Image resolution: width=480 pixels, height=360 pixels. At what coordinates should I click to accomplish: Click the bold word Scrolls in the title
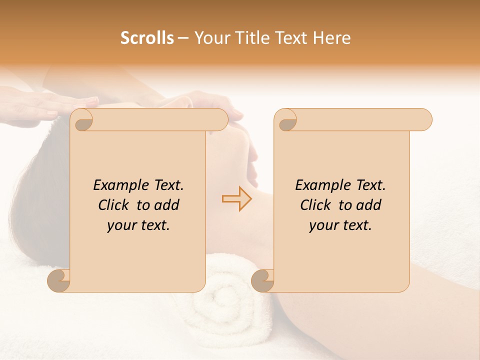click(x=147, y=38)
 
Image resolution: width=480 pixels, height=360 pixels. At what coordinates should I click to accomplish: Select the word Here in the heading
click(x=331, y=38)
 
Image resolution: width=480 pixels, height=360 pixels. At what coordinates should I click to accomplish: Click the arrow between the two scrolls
click(x=236, y=199)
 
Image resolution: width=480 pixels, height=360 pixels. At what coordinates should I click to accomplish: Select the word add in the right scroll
click(x=368, y=205)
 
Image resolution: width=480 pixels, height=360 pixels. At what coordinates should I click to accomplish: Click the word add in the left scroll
click(x=166, y=205)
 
